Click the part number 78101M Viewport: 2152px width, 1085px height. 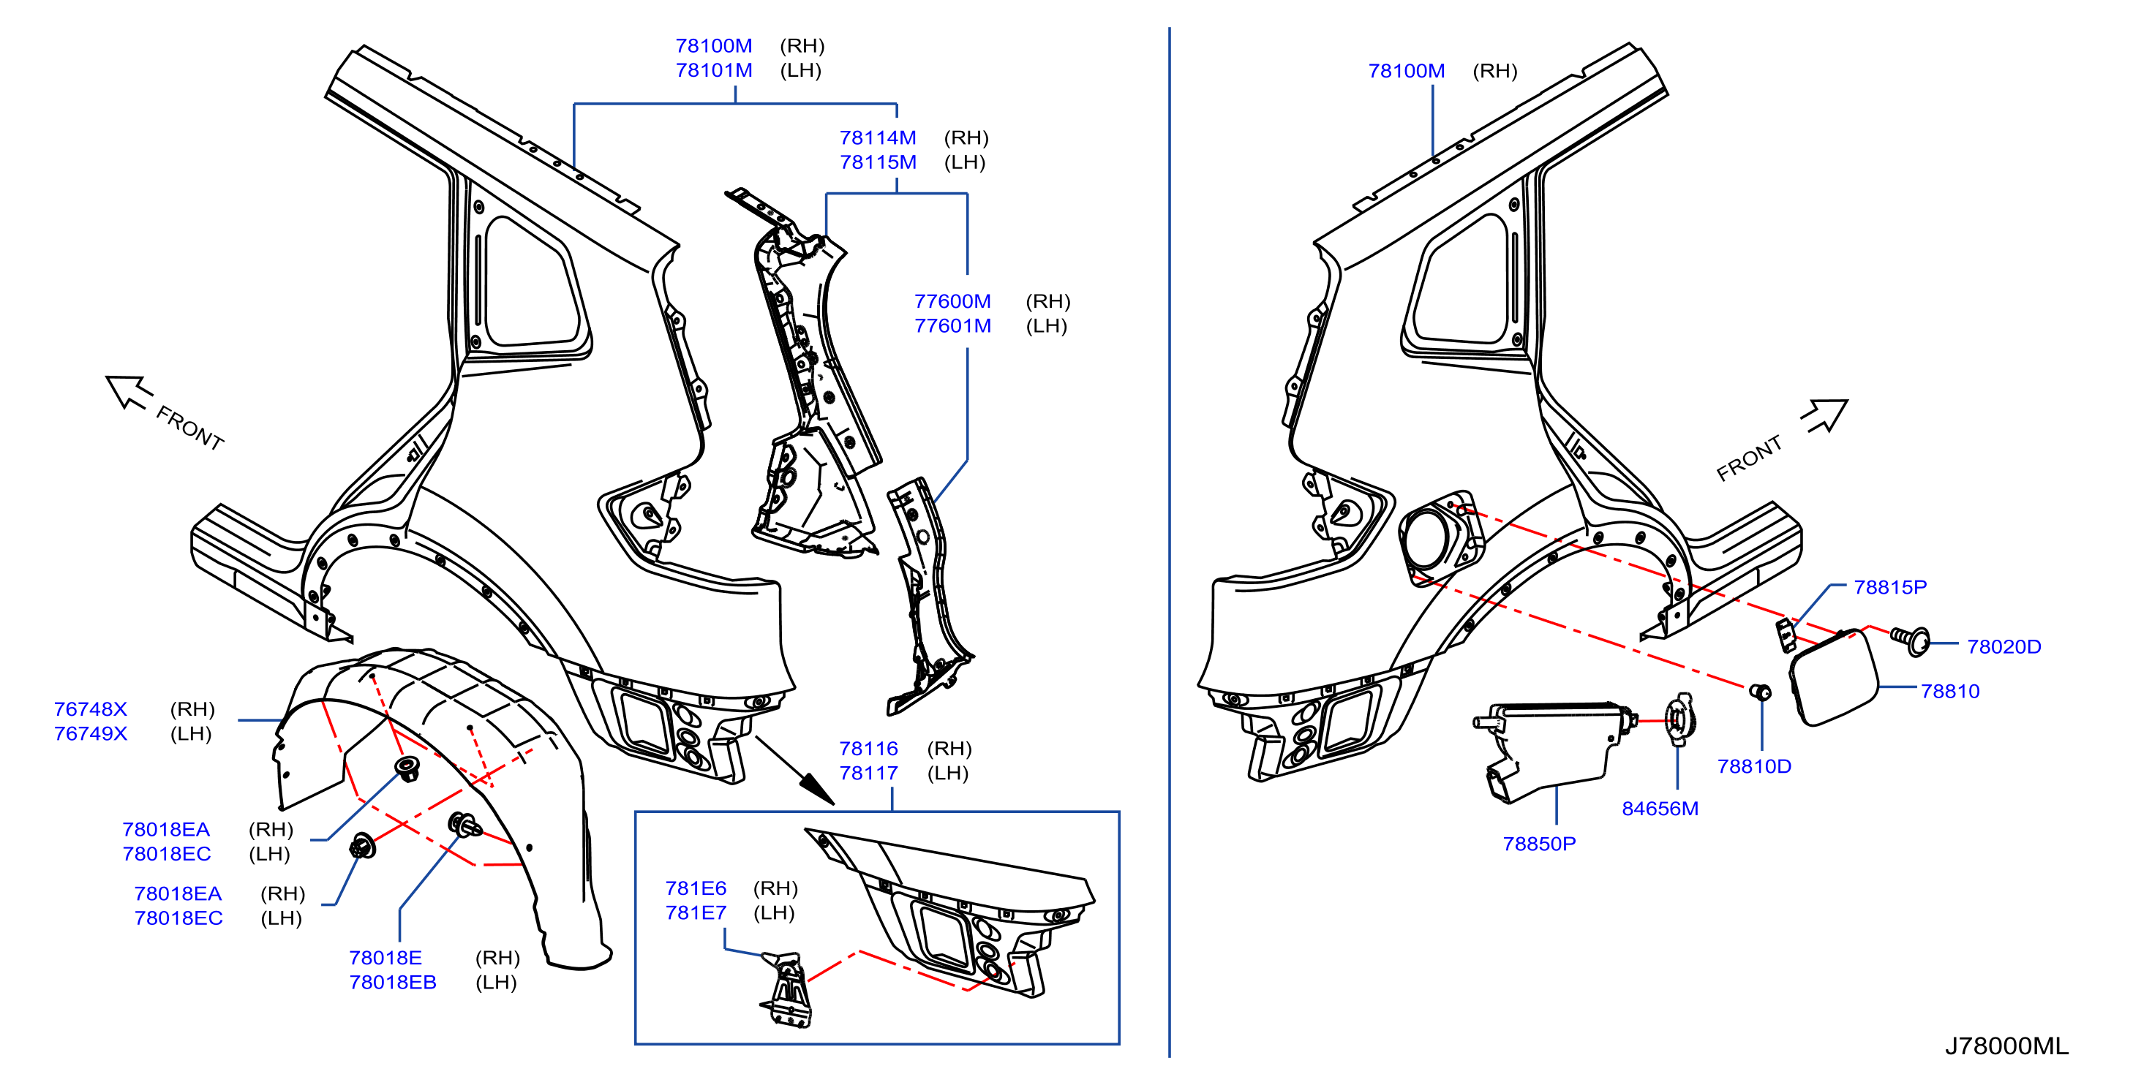(x=713, y=70)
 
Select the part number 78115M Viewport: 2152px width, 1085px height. (x=877, y=162)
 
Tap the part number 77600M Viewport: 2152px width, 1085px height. (x=952, y=300)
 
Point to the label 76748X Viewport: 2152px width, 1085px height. (x=90, y=709)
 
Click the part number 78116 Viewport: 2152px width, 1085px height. (x=868, y=749)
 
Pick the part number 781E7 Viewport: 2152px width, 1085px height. (x=695, y=912)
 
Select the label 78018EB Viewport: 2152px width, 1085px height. (x=393, y=982)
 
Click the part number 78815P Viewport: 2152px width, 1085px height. (x=1889, y=587)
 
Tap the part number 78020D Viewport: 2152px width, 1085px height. (x=2004, y=646)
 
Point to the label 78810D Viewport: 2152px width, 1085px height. (x=1753, y=766)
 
